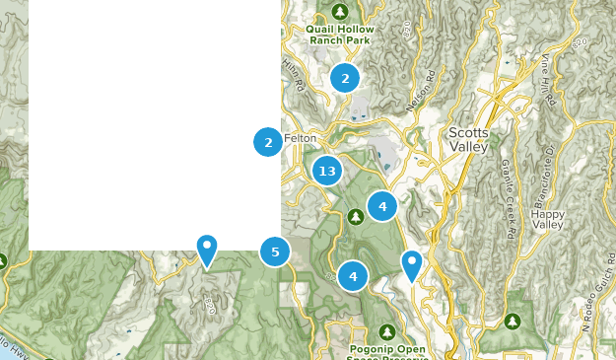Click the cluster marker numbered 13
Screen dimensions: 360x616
pyautogui.click(x=327, y=172)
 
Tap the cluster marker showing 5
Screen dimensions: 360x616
pyautogui.click(x=275, y=252)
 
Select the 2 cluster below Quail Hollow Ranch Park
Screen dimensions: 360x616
pyautogui.click(x=344, y=77)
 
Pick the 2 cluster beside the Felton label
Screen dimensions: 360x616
pyautogui.click(x=268, y=142)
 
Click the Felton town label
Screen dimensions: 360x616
pyautogui.click(x=301, y=138)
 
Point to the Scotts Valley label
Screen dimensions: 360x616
pyautogui.click(x=467, y=139)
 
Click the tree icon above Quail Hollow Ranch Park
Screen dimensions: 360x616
pyautogui.click(x=340, y=12)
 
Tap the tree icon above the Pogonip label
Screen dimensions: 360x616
pyautogui.click(x=388, y=330)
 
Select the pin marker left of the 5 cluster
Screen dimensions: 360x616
pyautogui.click(x=207, y=250)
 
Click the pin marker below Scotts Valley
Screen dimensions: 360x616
pyautogui.click(x=411, y=264)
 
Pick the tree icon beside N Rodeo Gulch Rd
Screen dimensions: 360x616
pyautogui.click(x=512, y=322)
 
